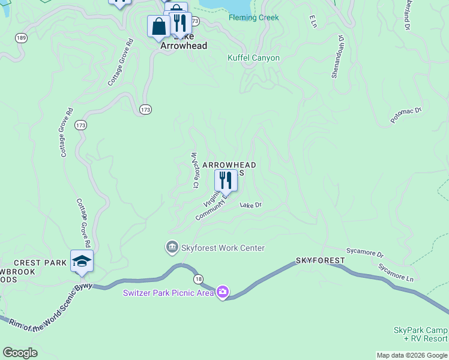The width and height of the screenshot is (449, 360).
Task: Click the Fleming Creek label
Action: (x=253, y=17)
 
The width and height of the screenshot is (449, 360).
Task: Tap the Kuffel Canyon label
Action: (x=253, y=58)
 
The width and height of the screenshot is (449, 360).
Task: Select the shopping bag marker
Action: (x=159, y=27)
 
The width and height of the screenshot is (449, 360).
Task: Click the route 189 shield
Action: (x=22, y=38)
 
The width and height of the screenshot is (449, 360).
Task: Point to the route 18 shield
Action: (x=198, y=279)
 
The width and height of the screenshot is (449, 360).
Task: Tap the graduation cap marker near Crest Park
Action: (x=82, y=261)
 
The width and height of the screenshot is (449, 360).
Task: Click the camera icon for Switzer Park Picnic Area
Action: (x=223, y=292)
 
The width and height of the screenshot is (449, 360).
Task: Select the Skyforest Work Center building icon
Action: (x=172, y=247)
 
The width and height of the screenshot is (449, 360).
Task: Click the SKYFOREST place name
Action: (x=320, y=260)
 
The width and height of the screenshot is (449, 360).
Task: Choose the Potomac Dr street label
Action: (x=406, y=115)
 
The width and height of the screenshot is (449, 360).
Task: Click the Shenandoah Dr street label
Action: (x=337, y=56)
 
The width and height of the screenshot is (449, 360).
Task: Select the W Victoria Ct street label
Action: (x=194, y=170)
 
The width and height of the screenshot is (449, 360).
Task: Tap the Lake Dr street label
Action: (x=251, y=205)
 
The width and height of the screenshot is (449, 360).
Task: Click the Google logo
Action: (x=20, y=353)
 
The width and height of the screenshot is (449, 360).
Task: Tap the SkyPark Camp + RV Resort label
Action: (x=420, y=334)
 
